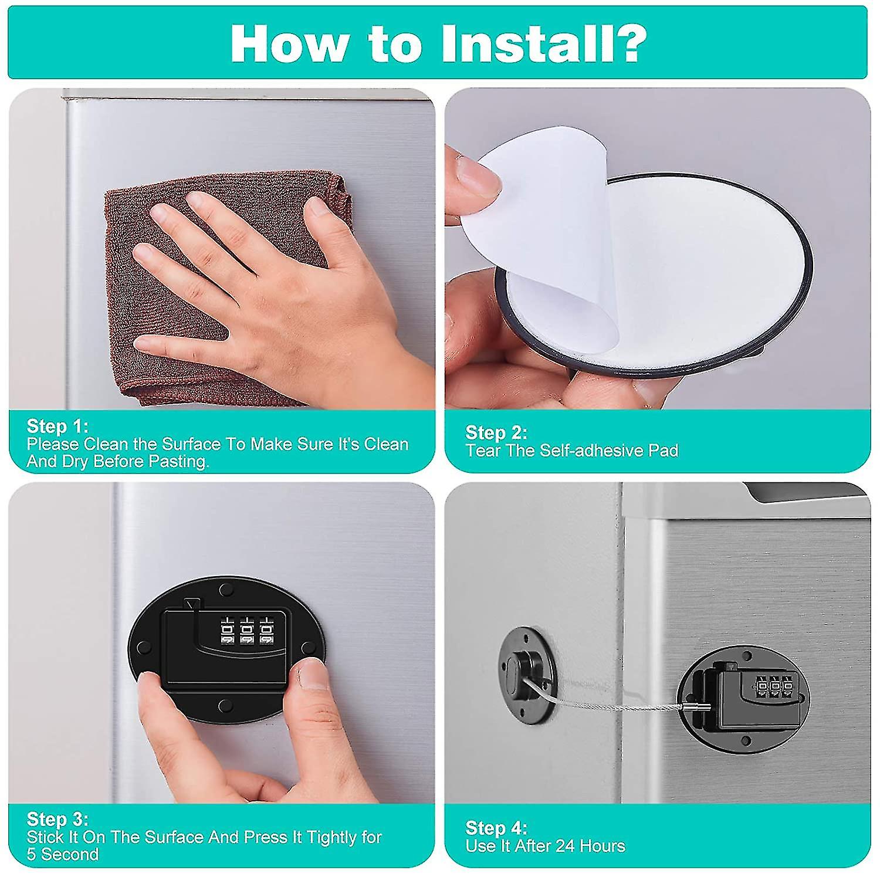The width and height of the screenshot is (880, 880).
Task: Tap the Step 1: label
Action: [x=57, y=426]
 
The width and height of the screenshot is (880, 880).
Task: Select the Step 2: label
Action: [x=496, y=432]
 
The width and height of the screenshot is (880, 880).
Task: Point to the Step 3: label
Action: [x=57, y=818]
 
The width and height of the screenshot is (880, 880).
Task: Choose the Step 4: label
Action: [x=496, y=828]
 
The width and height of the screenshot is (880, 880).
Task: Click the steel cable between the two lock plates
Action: [x=616, y=701]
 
